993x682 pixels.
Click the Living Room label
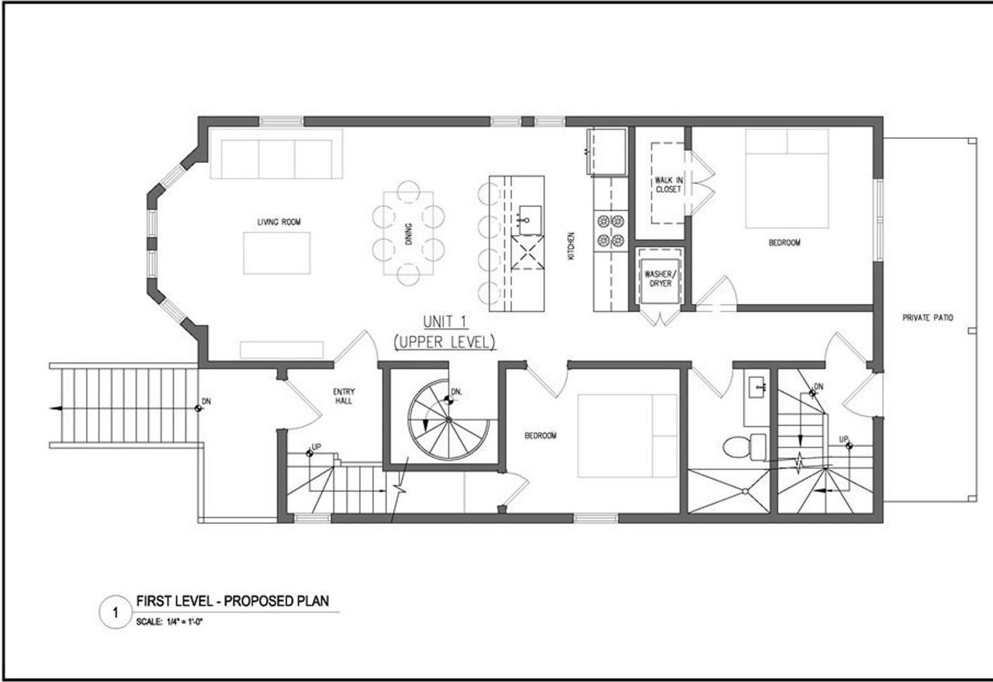coord(279,223)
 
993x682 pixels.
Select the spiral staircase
coord(448,420)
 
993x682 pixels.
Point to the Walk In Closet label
coord(667,185)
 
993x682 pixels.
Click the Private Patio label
coord(927,318)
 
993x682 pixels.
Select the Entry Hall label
coord(344,396)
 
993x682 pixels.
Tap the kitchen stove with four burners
coord(610,230)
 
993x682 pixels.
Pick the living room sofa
coord(275,154)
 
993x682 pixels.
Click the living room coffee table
coord(276,253)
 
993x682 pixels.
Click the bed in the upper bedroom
coord(787,178)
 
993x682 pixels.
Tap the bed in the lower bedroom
coord(627,435)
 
